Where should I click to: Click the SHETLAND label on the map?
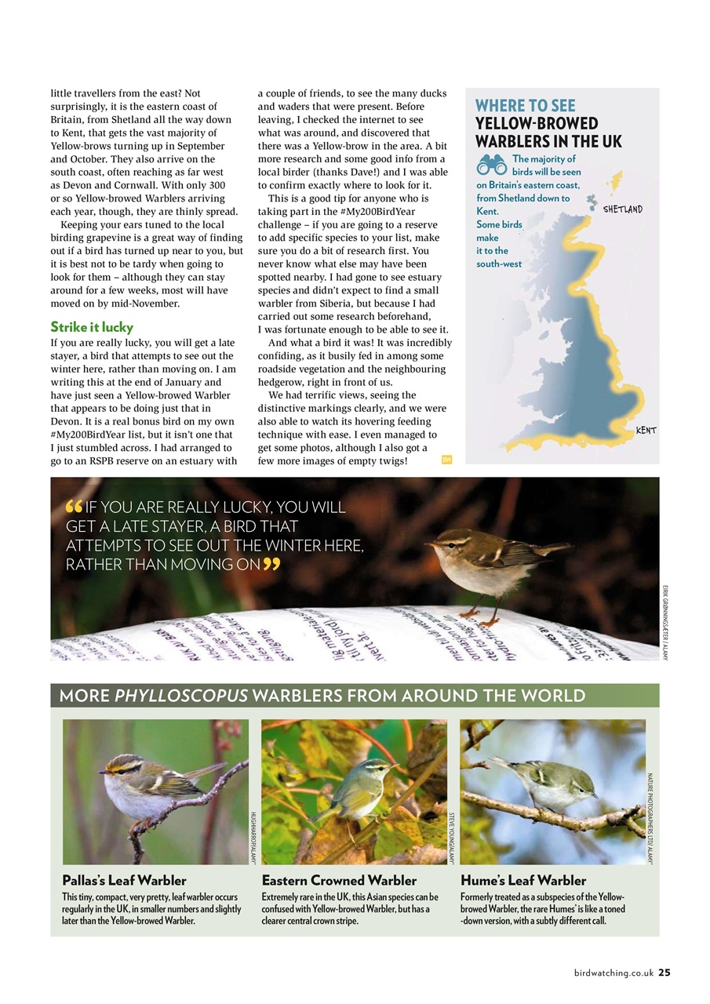pos(622,209)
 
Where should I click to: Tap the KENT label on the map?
pos(646,431)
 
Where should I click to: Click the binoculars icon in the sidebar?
pos(491,165)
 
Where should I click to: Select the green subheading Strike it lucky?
pos(92,326)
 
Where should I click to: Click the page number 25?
pos(664,973)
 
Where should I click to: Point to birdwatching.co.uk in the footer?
pos(613,973)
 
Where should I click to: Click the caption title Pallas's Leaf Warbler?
pos(124,880)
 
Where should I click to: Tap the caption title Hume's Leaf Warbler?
pos(523,880)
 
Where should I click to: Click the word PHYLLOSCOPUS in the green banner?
pos(187,696)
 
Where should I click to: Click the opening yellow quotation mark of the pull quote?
pos(75,507)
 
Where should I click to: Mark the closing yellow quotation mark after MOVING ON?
pos(271,564)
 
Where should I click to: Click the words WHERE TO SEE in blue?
pos(525,106)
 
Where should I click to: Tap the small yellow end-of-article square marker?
pos(446,460)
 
